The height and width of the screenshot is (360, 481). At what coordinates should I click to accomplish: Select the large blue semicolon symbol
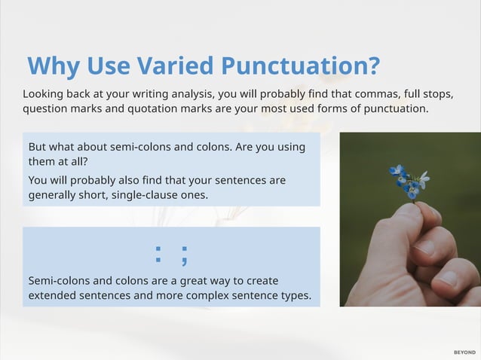tap(183, 254)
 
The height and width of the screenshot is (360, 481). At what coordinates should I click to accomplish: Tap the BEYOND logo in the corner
tap(464, 352)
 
